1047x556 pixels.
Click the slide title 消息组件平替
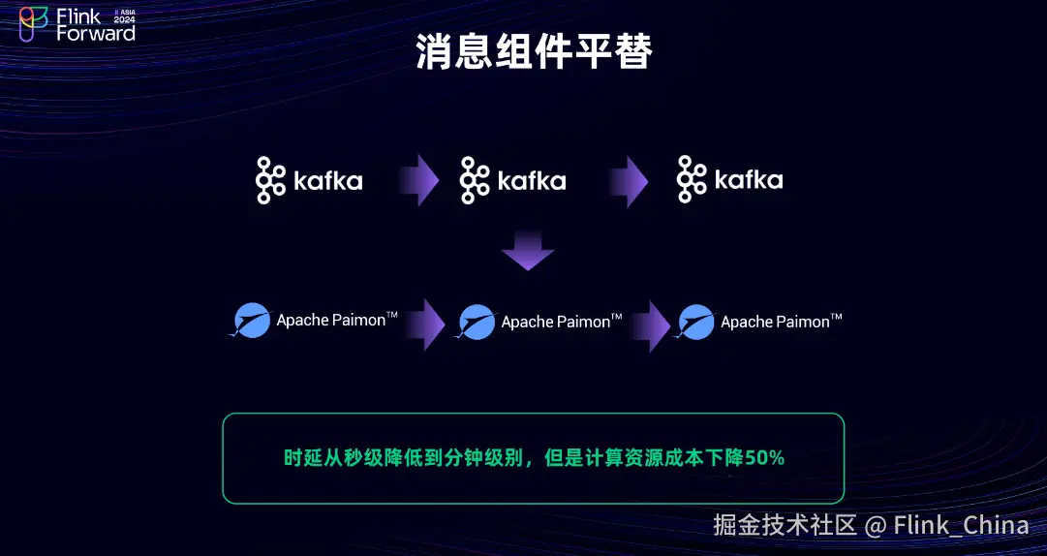535,51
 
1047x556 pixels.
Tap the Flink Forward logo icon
33,24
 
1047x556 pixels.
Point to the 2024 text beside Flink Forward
124,20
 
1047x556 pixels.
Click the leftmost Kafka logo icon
271,180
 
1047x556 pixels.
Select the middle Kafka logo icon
476,180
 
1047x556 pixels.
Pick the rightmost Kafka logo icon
692,179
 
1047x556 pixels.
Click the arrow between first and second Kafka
418,180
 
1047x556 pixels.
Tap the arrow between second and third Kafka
628,181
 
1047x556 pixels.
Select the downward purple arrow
528,250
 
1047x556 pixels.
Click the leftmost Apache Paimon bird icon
251,321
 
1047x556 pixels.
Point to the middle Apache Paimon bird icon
477,322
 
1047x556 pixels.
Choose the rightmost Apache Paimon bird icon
695,322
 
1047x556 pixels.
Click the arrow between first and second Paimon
425,324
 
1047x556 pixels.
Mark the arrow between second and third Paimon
650,325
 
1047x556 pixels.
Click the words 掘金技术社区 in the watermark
785,525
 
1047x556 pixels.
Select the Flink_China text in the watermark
962,525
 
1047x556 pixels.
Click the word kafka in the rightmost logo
749,179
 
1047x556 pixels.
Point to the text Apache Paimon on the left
331,320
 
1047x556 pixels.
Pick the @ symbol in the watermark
876,526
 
